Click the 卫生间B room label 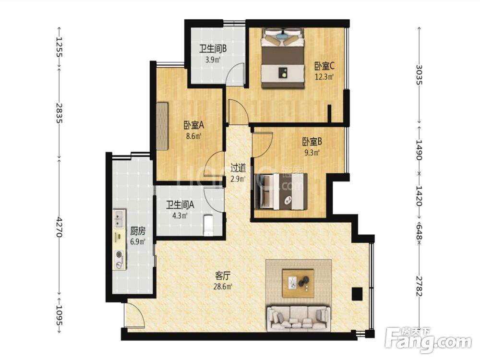(213, 48)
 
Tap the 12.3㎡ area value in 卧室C (324, 76)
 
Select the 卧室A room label (194, 125)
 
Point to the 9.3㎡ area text (312, 152)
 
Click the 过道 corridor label (238, 168)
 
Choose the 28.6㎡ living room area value (223, 287)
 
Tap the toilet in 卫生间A (208, 226)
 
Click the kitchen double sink (119, 219)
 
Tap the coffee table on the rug (298, 283)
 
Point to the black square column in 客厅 (357, 294)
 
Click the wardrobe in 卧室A (162, 126)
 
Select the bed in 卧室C (283, 58)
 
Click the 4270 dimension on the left (59, 227)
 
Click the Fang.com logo (428, 340)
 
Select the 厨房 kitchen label (138, 231)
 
